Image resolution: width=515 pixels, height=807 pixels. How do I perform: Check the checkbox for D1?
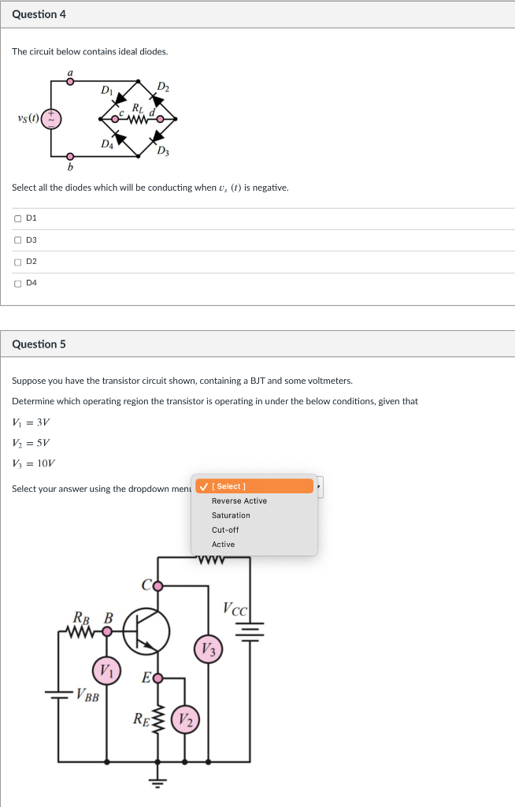(x=17, y=218)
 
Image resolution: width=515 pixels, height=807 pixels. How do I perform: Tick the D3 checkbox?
(x=17, y=240)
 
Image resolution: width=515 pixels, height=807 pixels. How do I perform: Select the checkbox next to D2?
(x=17, y=262)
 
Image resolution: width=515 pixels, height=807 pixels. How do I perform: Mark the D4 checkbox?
(x=17, y=283)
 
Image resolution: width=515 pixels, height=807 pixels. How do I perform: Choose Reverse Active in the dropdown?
(x=239, y=501)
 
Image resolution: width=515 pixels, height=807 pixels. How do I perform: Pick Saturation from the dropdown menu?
(x=231, y=515)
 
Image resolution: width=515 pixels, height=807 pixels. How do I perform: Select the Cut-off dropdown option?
(x=224, y=530)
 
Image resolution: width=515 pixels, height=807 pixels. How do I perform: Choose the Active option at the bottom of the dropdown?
(x=223, y=545)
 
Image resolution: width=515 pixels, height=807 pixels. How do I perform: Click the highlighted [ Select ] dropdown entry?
(x=254, y=486)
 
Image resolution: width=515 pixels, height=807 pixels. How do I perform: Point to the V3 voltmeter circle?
(x=209, y=649)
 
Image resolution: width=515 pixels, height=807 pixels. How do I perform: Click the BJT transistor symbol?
(x=146, y=630)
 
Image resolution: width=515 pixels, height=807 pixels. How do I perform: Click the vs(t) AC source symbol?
(x=53, y=118)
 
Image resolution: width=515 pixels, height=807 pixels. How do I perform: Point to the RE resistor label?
(x=139, y=718)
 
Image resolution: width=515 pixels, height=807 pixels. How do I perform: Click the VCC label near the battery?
(x=235, y=609)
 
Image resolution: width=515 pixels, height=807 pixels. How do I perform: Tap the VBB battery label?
(x=87, y=695)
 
